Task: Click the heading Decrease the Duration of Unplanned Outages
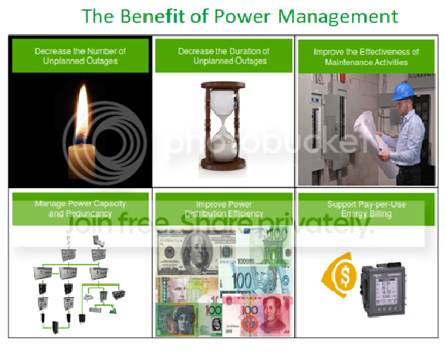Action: click(223, 55)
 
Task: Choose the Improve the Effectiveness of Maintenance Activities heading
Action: click(366, 57)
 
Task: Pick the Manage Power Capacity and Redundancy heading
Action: click(79, 208)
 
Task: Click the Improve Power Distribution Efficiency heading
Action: click(223, 209)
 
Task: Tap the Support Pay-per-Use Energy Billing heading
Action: click(366, 209)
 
